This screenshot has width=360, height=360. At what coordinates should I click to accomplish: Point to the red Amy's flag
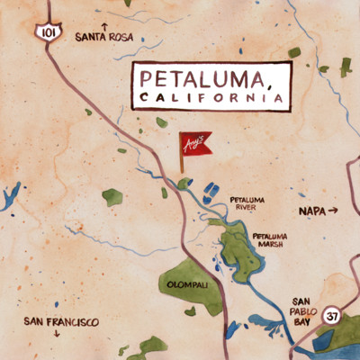196,145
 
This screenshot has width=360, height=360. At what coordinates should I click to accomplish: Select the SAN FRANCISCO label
61,321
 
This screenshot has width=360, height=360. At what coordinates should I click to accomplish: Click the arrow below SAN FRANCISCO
58,334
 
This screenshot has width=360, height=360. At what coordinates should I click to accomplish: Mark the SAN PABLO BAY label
302,312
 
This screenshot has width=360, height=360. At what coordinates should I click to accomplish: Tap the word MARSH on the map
268,244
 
